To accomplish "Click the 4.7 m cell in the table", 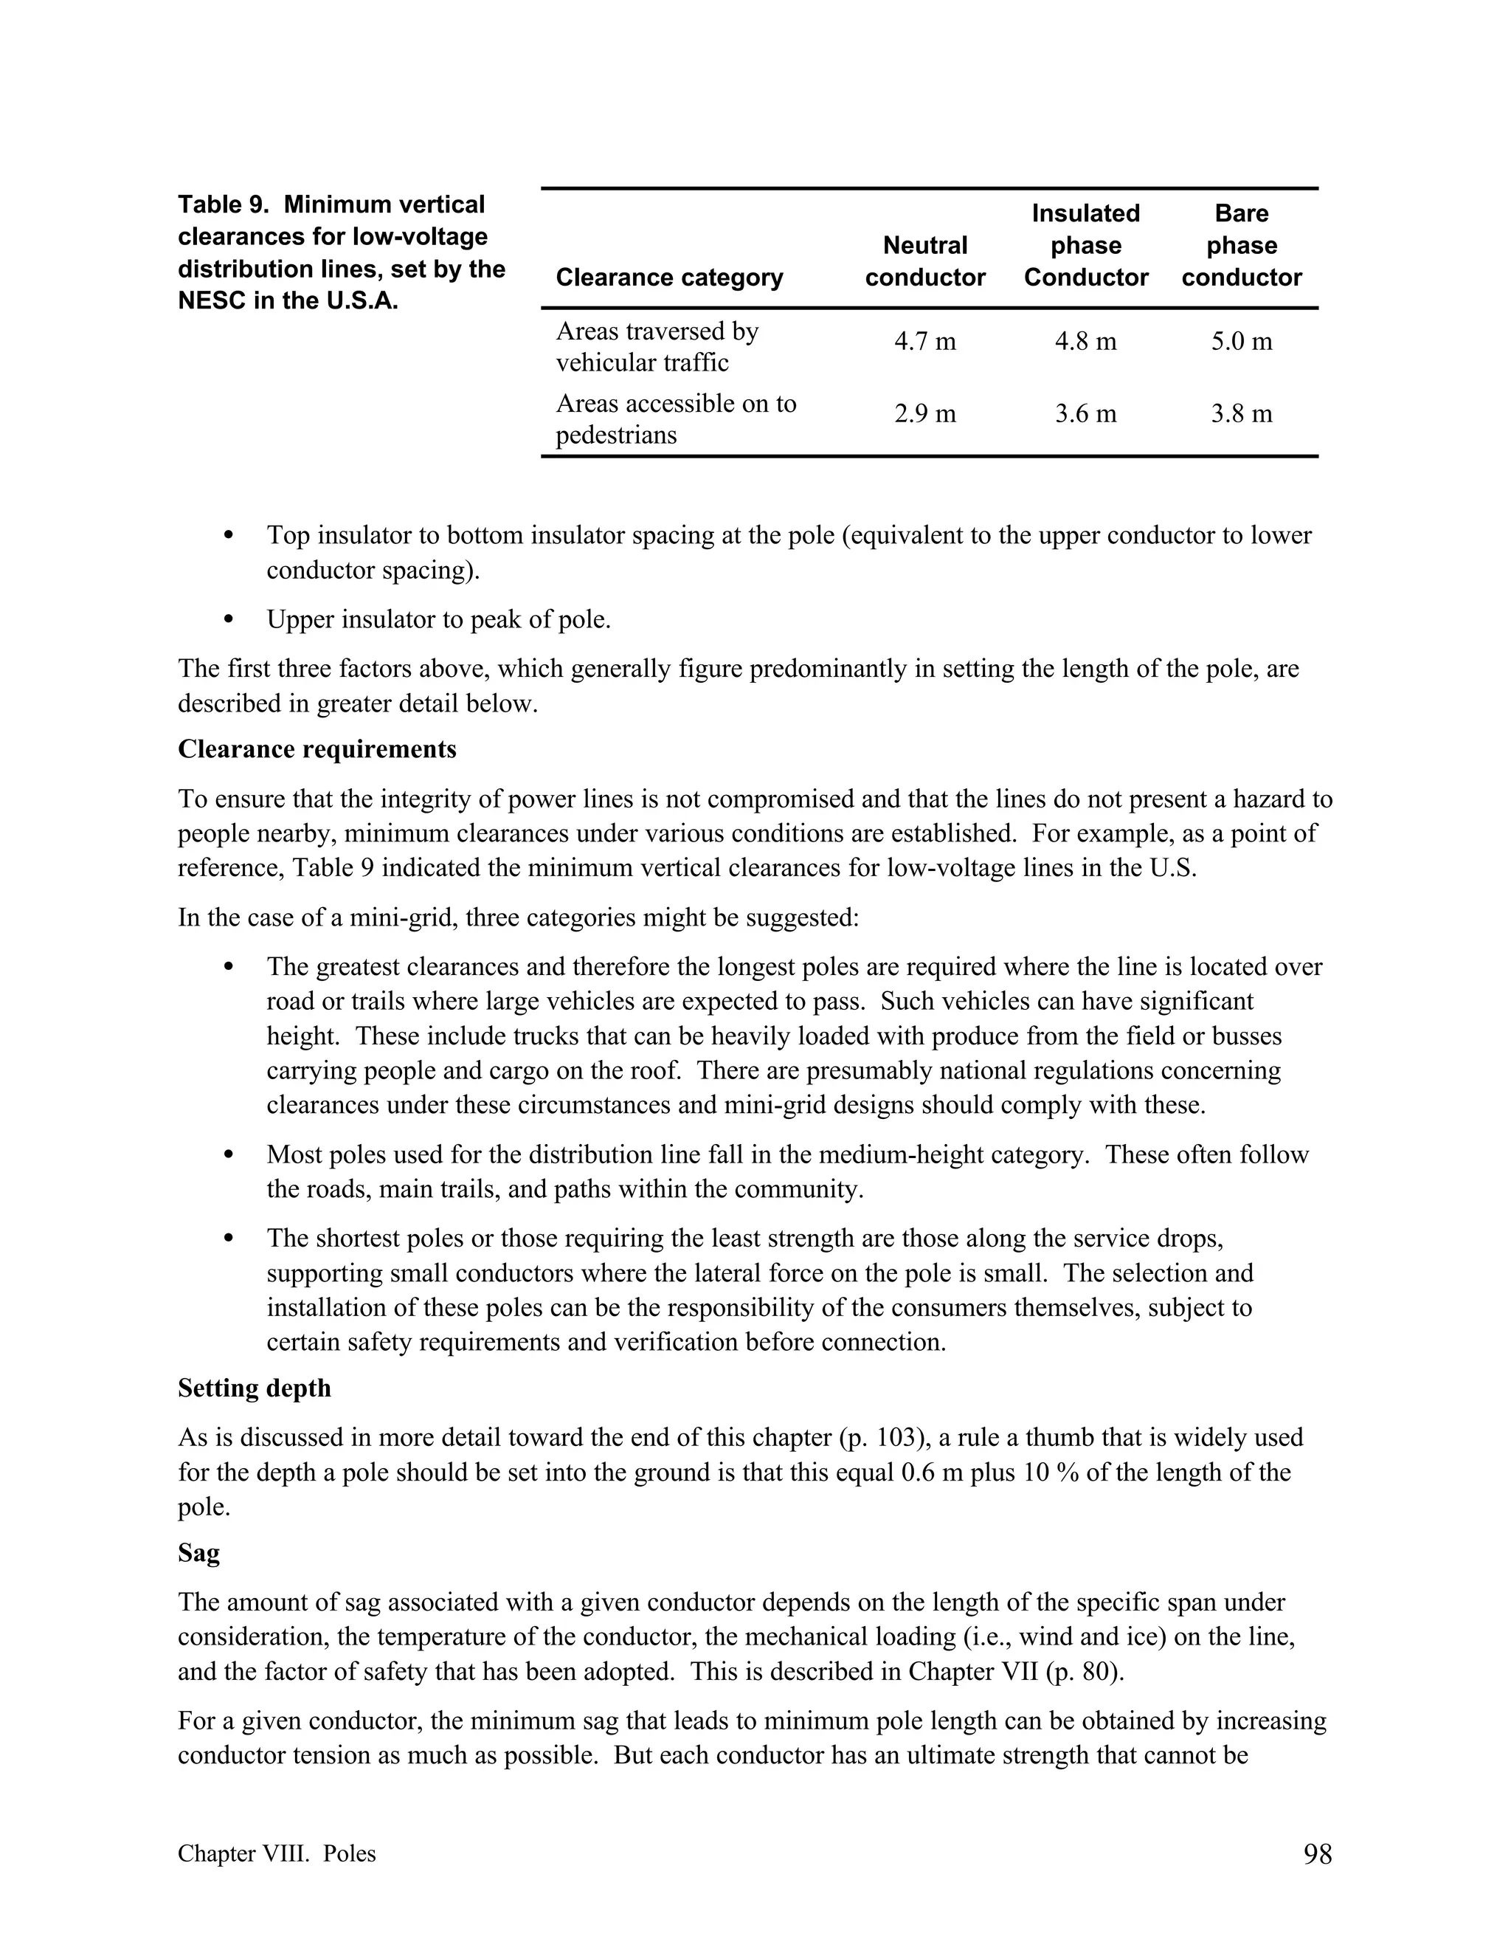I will pyautogui.click(x=924, y=341).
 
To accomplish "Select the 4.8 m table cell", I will pyautogui.click(x=1085, y=341).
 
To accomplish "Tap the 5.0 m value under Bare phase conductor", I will pyautogui.click(x=1241, y=341).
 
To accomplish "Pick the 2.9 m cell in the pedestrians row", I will pyautogui.click(x=924, y=414).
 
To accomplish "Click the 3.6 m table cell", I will pyautogui.click(x=1085, y=414).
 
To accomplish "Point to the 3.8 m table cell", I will pyautogui.click(x=1241, y=414).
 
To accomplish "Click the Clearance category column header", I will pyautogui.click(x=668, y=278).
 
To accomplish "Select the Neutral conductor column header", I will pyautogui.click(x=924, y=261).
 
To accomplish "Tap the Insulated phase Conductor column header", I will pyautogui.click(x=1085, y=245).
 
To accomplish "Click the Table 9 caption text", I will pyautogui.click(x=340, y=252).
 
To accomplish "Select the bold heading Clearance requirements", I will pyautogui.click(x=317, y=748).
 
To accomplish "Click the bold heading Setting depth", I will pyautogui.click(x=255, y=1388).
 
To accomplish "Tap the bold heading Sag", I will pyautogui.click(x=198, y=1552).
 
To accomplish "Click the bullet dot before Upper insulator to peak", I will pyautogui.click(x=228, y=619).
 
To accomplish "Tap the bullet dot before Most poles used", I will pyautogui.click(x=228, y=1155).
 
